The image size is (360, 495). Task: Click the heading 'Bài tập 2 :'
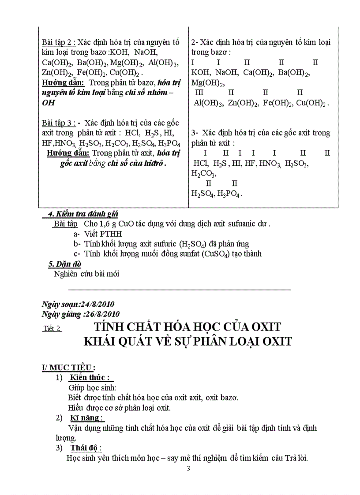(x=59, y=43)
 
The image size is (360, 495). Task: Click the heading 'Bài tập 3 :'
(x=59, y=123)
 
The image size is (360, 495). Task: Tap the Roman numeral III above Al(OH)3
(x=199, y=93)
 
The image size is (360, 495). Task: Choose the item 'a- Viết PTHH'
(x=97, y=234)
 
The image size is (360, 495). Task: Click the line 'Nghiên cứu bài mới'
(x=86, y=274)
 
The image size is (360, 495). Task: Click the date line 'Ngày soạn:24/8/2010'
(x=78, y=304)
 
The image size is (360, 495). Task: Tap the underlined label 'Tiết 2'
(x=52, y=328)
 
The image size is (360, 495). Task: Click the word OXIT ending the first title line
(x=262, y=327)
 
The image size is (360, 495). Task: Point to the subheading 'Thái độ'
(x=86, y=448)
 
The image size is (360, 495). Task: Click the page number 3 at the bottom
(x=188, y=468)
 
